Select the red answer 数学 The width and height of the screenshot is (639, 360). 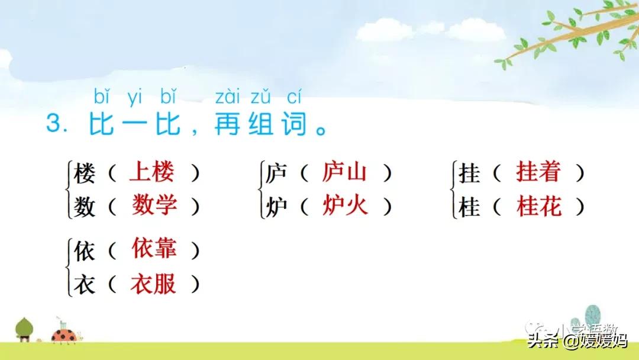coord(154,206)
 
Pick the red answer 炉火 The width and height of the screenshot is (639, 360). coord(345,206)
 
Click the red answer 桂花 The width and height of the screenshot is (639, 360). coord(538,206)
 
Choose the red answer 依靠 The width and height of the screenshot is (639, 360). coord(154,249)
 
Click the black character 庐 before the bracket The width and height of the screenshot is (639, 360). coord(276,173)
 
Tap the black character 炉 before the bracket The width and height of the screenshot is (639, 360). coord(276,207)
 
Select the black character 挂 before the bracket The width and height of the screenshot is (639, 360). coord(469,173)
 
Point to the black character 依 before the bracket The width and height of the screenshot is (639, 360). coord(84,250)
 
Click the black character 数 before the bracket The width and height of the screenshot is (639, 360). coord(84,207)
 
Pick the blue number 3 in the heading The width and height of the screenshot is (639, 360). coord(54,124)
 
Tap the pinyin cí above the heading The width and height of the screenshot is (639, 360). coord(293,96)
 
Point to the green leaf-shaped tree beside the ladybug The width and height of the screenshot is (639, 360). coord(24,327)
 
